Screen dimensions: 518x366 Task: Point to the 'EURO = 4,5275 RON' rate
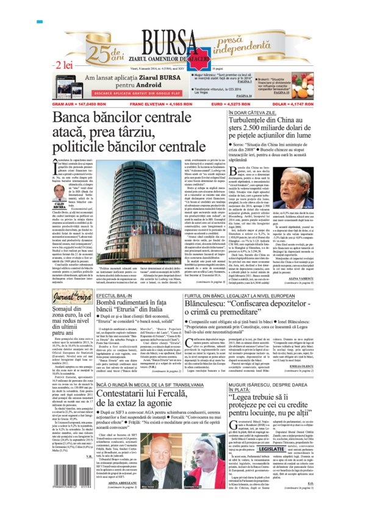click(249, 105)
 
